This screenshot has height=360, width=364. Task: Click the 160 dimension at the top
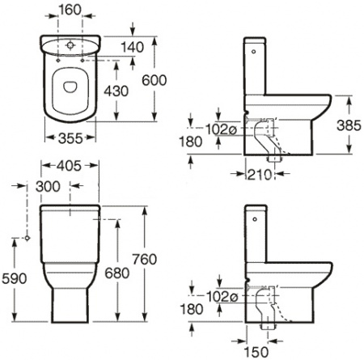point(70,10)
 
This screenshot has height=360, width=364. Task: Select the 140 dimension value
point(133,48)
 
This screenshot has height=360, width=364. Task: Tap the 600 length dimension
point(154,80)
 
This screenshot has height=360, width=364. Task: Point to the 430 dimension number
point(116,91)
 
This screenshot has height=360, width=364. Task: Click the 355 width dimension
point(70,138)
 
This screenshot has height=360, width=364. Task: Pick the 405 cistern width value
point(69,166)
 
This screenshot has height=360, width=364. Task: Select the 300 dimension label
point(48,186)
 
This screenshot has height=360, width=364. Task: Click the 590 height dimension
point(15,278)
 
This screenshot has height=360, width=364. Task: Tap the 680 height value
point(117,273)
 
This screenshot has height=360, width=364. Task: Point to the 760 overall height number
point(145,260)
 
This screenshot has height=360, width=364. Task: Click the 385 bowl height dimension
point(349,125)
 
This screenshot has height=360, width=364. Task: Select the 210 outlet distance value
point(260,175)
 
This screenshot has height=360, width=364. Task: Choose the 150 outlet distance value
point(256,352)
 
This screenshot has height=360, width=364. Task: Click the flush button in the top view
point(70,45)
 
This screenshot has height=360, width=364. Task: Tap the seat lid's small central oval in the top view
point(70,87)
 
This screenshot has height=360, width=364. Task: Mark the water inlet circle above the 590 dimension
point(27,238)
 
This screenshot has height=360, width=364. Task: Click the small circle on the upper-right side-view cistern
point(253,51)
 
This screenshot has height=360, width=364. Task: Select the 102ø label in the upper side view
point(221,129)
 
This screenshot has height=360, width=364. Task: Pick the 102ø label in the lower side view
point(222,297)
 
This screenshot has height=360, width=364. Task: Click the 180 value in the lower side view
point(192,309)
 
